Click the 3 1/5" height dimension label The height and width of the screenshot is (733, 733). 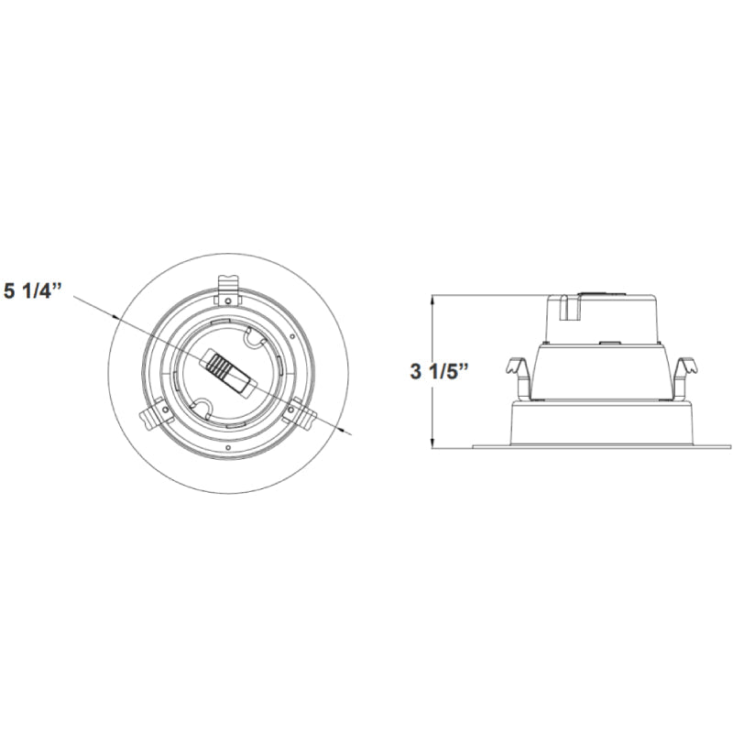[x=439, y=372]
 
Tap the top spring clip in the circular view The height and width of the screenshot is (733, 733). [x=229, y=288]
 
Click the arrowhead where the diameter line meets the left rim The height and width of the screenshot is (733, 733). [x=116, y=317]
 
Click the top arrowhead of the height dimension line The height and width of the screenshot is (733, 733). [x=432, y=298]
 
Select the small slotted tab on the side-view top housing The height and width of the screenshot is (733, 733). [x=566, y=306]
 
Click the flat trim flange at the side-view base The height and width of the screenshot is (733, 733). [x=601, y=446]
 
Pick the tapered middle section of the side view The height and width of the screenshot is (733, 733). [x=600, y=371]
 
